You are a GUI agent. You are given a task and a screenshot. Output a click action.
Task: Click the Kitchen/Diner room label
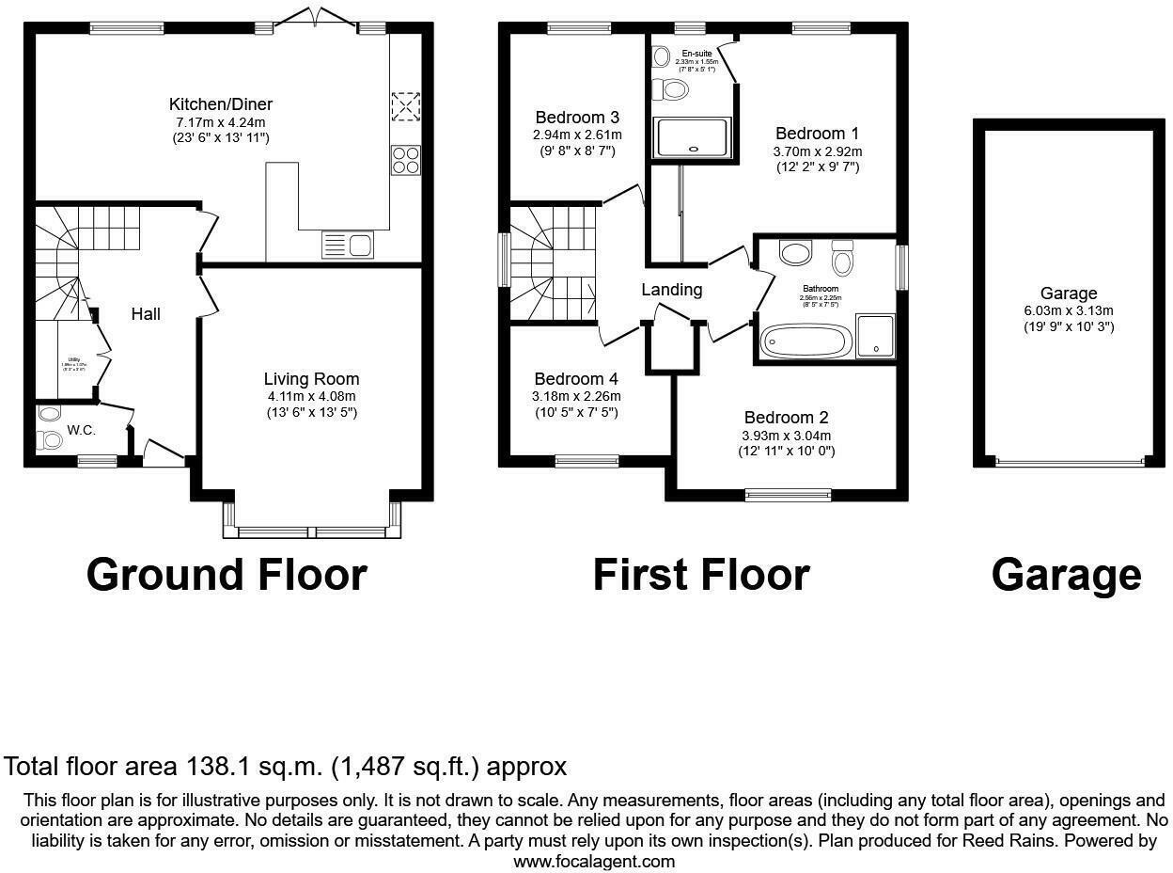(220, 104)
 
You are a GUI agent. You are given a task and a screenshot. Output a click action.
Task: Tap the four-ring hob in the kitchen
(405, 160)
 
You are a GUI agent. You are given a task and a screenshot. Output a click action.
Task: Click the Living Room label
(311, 379)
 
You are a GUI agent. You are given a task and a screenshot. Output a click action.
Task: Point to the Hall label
(145, 314)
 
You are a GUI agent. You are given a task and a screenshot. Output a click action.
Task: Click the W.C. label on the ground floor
(81, 431)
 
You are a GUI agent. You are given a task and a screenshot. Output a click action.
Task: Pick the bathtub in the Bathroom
(805, 341)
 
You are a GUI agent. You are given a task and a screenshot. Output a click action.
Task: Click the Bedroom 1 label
(816, 134)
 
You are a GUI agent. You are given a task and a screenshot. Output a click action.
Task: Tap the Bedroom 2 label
(786, 418)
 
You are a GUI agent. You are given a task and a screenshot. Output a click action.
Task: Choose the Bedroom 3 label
(576, 118)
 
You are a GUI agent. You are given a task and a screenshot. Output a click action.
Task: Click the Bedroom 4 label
(576, 379)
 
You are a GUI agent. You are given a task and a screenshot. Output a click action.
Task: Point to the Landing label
(671, 290)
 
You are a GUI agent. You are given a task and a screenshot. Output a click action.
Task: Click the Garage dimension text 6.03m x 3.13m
(1069, 310)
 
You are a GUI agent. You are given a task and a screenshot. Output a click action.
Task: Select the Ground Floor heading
(226, 574)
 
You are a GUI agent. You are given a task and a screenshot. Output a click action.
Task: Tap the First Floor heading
(700, 574)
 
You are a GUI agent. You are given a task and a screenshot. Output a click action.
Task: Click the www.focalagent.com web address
(594, 861)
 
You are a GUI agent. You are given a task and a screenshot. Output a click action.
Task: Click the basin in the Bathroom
(796, 252)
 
